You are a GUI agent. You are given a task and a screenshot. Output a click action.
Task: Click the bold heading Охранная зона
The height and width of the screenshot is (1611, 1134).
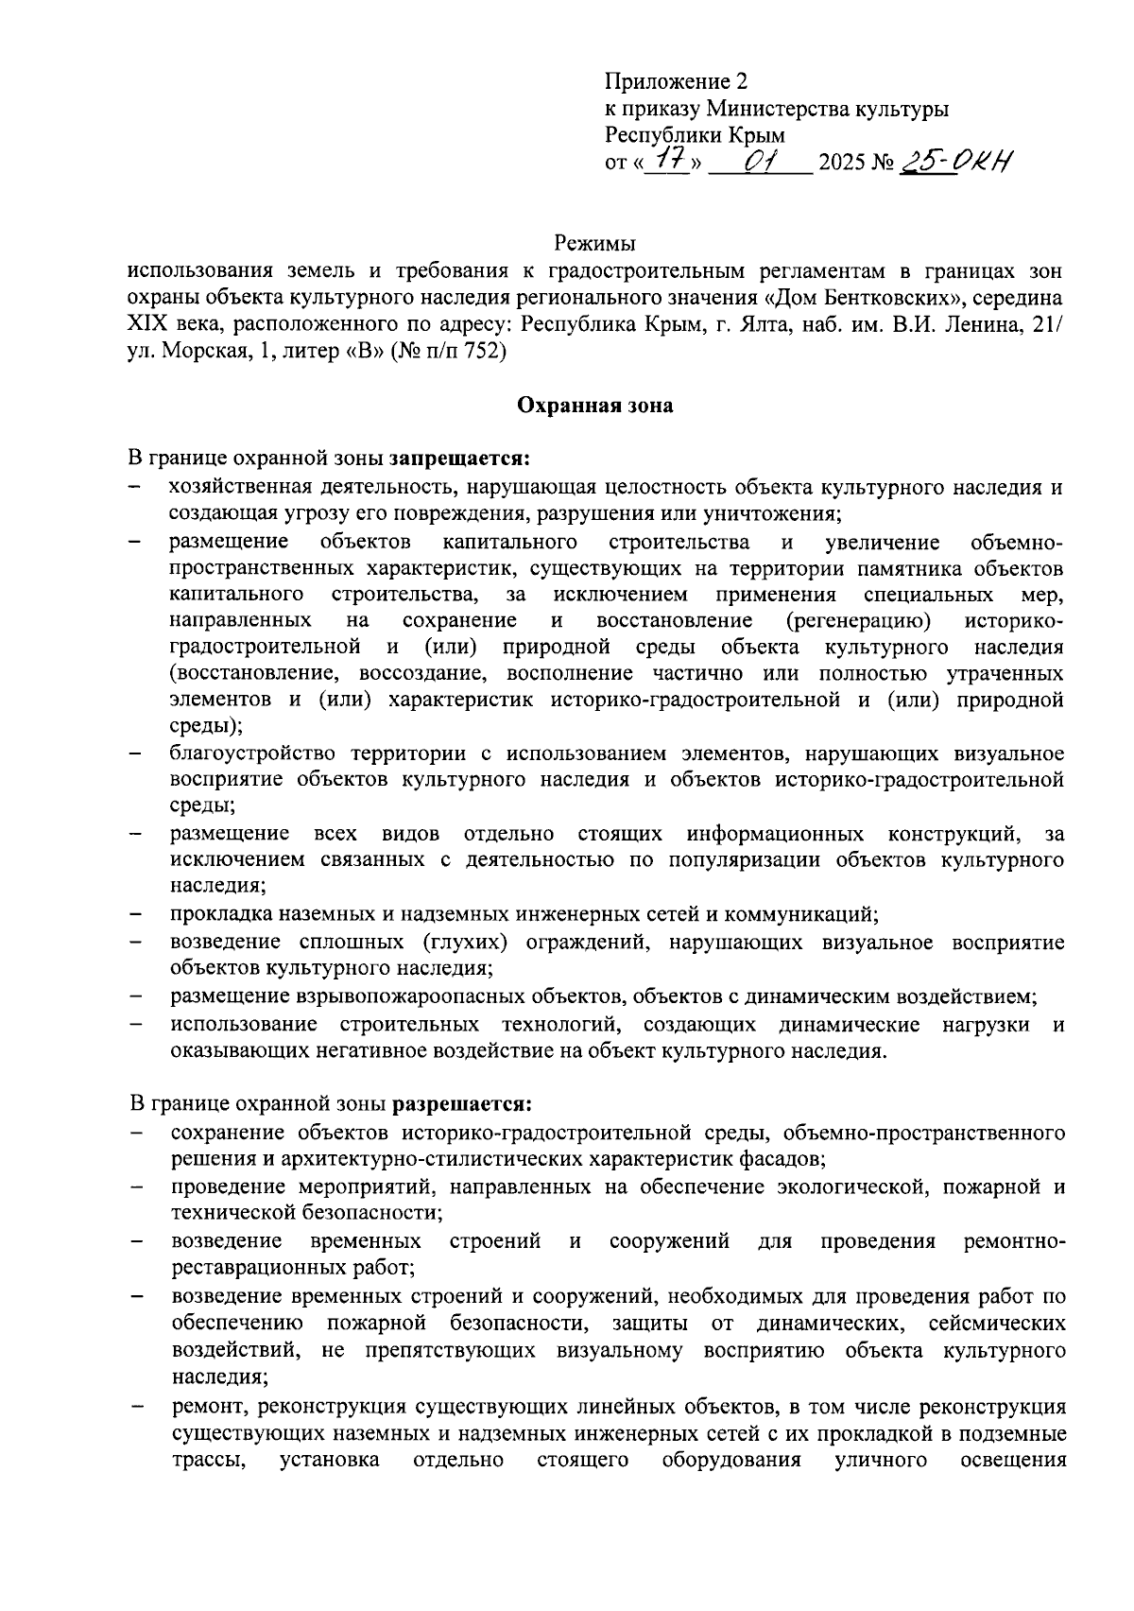click(x=594, y=407)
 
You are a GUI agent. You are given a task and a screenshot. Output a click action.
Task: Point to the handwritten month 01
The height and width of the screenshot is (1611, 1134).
click(x=760, y=162)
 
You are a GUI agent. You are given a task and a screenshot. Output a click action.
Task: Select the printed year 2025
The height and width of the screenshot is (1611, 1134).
click(x=841, y=164)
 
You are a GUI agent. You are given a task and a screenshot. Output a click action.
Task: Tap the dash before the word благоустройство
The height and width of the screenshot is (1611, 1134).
click(x=136, y=754)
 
